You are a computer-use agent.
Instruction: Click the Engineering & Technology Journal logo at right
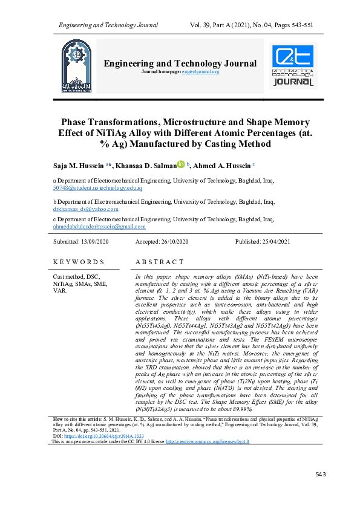click(295, 65)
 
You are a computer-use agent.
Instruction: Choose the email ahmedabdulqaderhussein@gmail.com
click(100, 227)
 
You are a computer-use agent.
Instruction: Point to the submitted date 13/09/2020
click(92, 242)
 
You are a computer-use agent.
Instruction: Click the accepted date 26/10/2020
click(172, 242)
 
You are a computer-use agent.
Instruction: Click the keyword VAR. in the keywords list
click(62, 291)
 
